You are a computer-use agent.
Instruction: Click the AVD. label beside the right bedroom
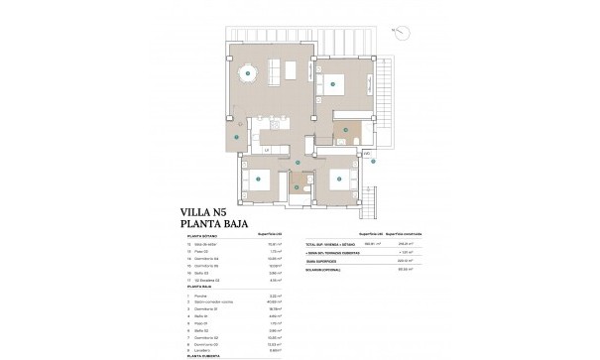pyautogui.click(x=366, y=154)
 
